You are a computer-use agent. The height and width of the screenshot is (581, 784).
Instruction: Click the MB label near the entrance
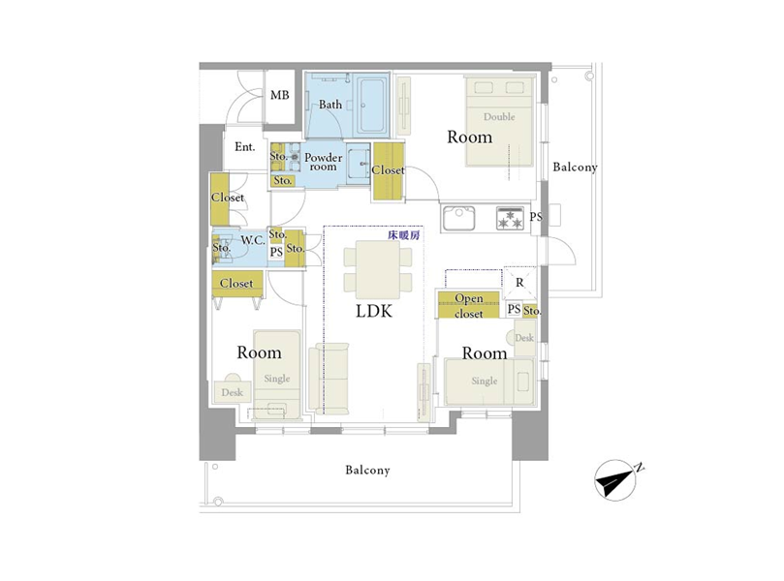279,95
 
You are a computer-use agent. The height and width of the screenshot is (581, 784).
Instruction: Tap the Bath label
330,105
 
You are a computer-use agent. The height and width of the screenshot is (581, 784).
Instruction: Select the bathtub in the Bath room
371,106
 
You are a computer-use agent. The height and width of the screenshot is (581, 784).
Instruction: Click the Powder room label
323,162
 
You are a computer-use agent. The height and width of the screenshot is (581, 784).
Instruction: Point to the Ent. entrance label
244,147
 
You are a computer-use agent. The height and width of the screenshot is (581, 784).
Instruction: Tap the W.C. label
253,240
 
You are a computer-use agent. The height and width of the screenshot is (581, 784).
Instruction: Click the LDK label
374,311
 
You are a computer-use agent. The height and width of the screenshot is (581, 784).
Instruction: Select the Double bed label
499,117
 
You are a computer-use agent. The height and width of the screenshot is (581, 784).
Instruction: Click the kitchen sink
458,218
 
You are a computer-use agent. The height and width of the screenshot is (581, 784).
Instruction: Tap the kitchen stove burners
510,218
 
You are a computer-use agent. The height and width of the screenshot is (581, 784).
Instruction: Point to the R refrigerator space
519,283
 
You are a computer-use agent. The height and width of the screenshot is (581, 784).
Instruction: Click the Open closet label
469,306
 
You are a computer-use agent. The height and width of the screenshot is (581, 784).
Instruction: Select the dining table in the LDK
378,270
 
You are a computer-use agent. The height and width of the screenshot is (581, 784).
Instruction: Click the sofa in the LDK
329,379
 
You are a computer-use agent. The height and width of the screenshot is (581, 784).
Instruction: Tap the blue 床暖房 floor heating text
404,235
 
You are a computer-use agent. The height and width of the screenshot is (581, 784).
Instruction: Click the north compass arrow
616,480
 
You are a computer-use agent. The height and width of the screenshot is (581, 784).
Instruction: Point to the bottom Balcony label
367,470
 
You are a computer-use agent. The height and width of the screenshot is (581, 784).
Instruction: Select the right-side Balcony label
575,167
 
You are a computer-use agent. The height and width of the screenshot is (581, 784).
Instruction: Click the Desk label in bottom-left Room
232,393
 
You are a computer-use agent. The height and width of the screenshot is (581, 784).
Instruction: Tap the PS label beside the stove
536,217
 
